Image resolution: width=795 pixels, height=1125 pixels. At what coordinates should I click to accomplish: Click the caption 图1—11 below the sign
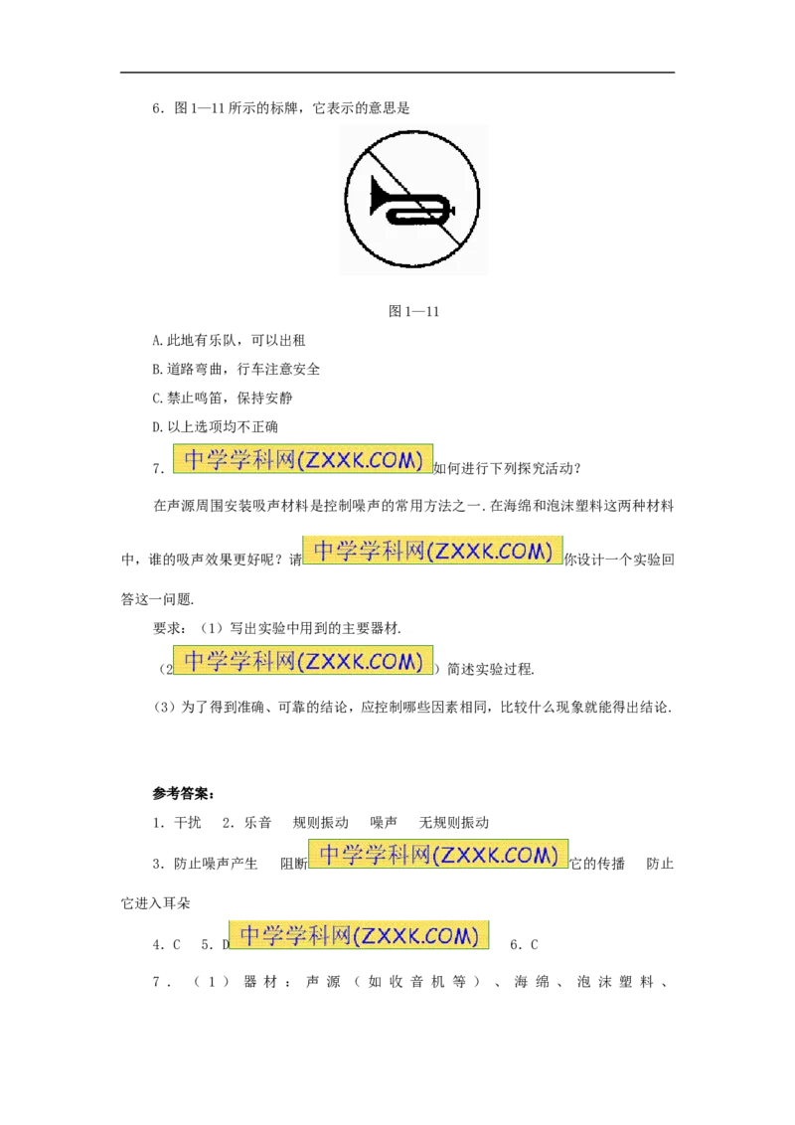coord(413,311)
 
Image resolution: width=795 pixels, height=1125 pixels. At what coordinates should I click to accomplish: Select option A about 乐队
coord(229,340)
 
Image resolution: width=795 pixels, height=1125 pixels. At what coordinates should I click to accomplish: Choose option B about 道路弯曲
coord(237,369)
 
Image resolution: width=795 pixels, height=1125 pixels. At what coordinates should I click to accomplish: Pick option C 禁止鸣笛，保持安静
coord(223,398)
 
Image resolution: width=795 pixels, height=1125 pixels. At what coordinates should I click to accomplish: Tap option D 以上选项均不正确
coord(216,427)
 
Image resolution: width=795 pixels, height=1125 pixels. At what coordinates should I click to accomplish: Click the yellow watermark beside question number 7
coord(303,459)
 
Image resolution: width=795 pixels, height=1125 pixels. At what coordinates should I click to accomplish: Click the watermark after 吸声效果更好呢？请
coord(432,551)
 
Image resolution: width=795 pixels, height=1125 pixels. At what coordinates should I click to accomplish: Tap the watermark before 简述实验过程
coord(303,660)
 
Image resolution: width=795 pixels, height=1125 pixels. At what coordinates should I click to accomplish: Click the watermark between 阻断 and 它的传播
coord(437,855)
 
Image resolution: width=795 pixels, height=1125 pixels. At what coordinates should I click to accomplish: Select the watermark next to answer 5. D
coord(359,935)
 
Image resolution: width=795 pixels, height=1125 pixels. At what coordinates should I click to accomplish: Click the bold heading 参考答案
coord(184,793)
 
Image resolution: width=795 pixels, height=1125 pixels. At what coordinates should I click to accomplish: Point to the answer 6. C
coord(524,945)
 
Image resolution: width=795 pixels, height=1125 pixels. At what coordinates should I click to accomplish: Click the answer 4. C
coord(167,945)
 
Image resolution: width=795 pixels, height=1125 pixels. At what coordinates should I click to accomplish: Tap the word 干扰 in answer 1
coord(187,823)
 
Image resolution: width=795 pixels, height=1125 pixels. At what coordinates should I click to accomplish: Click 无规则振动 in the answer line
coord(453,823)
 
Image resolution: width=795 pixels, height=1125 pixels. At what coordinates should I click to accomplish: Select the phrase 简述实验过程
coord(491,670)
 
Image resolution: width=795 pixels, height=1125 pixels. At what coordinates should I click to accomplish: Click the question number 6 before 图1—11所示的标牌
coord(158,108)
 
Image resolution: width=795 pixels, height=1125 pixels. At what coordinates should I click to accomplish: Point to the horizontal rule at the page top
coord(397,72)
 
